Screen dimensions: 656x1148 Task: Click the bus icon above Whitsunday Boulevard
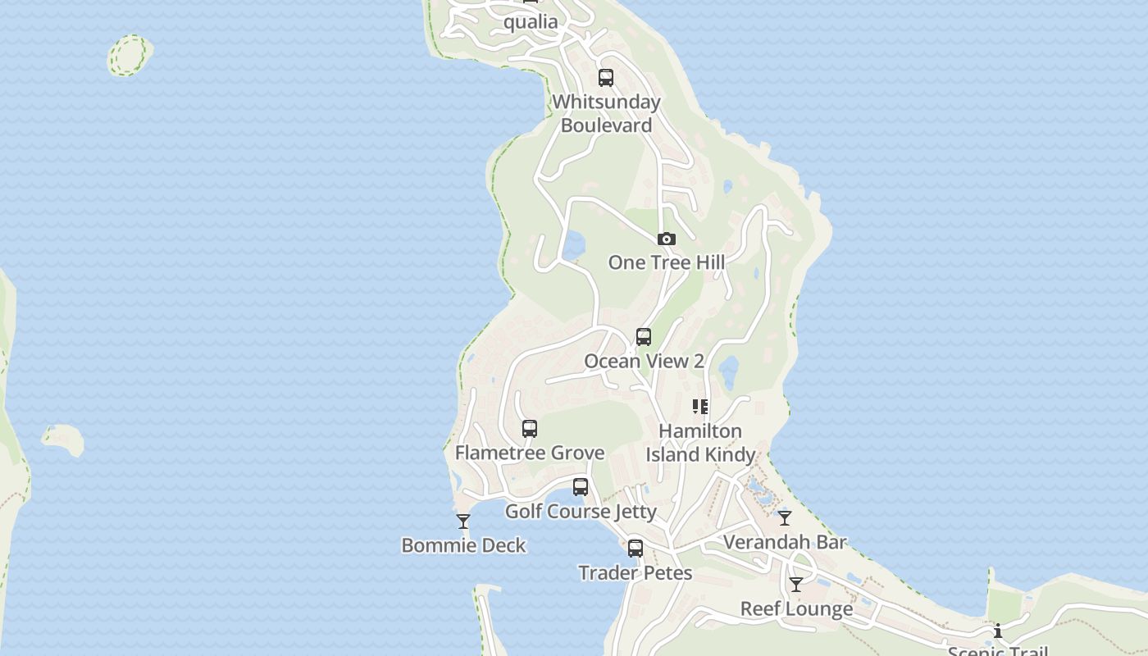pos(606,78)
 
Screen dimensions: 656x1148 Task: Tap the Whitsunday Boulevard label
pos(607,114)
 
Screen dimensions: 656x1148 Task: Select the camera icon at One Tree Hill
pos(667,239)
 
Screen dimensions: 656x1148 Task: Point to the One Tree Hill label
pos(667,262)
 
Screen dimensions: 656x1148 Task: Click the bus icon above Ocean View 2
pos(644,337)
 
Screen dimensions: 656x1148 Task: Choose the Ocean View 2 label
pos(644,361)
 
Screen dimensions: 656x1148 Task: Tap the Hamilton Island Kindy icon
pos(700,407)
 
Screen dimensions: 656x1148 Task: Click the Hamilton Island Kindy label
pos(700,443)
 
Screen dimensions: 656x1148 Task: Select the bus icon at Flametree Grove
pos(530,429)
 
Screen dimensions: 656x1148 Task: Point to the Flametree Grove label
pos(530,453)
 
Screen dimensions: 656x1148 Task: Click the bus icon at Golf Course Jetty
pos(581,487)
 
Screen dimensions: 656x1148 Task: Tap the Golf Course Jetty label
pos(581,512)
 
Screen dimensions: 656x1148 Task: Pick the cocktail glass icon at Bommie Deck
pos(463,522)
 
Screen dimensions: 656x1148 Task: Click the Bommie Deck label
pos(463,545)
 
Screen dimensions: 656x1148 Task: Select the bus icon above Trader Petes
pos(635,549)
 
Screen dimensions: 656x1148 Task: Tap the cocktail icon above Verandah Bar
pos(785,518)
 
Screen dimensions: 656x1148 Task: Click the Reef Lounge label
pos(796,609)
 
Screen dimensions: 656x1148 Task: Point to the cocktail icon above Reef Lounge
pos(796,585)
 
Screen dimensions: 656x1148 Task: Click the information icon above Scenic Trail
pos(998,631)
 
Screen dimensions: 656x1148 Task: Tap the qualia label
pos(531,22)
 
